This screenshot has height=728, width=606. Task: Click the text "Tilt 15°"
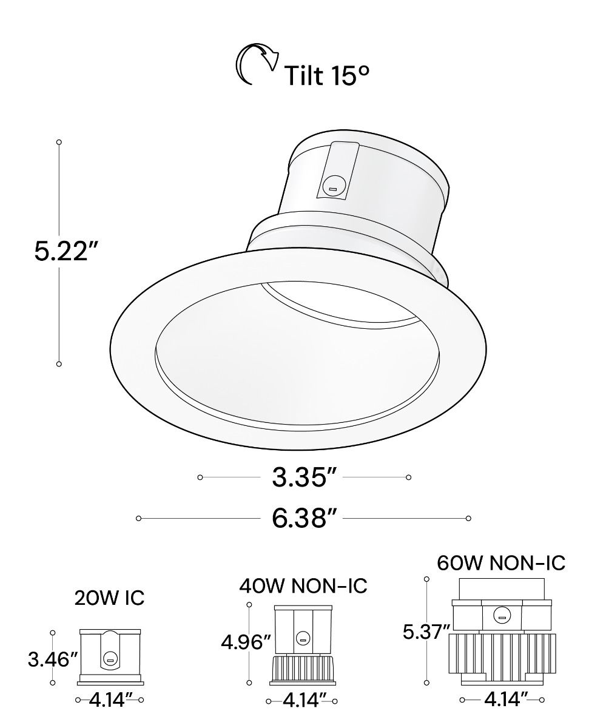(x=327, y=75)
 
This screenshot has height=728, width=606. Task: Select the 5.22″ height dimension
(x=64, y=251)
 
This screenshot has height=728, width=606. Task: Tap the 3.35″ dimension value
(x=304, y=477)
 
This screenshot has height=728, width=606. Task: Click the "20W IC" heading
(x=109, y=598)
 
